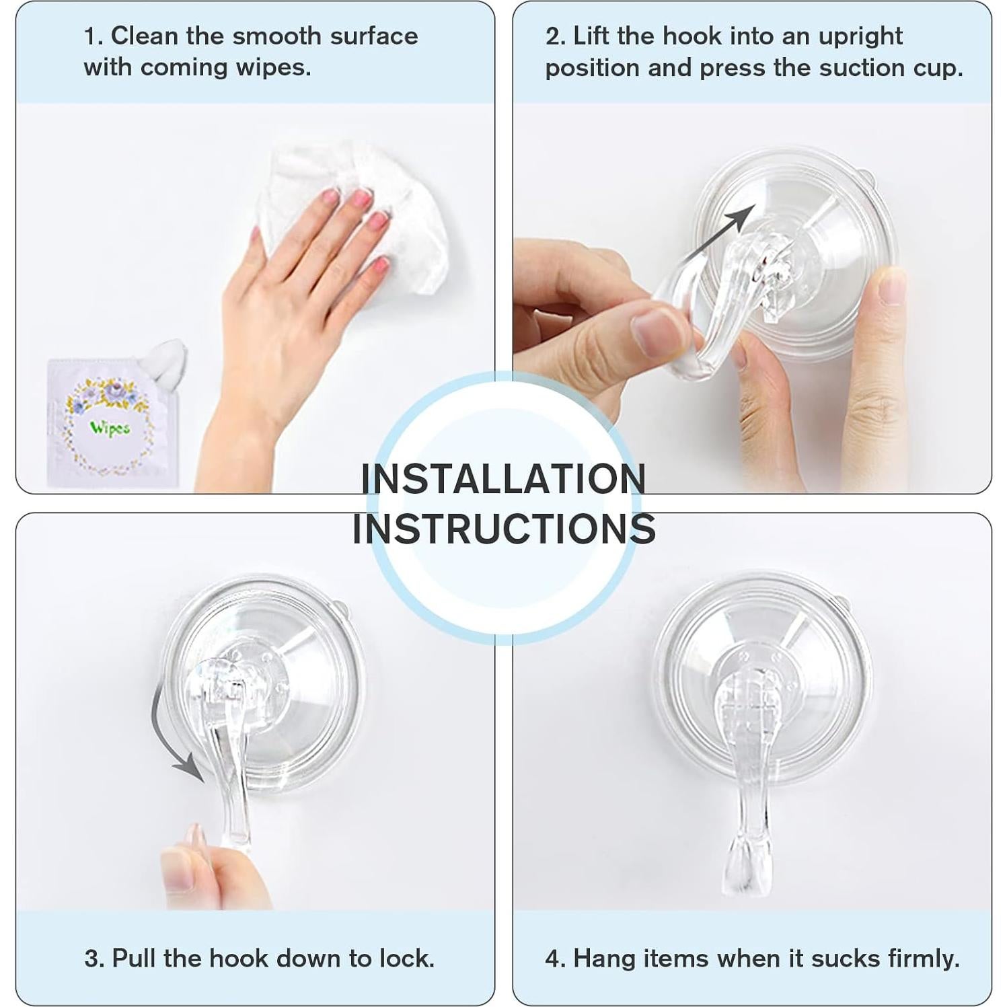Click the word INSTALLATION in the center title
pos(503,479)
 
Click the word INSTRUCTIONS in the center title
pos(504,529)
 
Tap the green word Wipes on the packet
pos(110,428)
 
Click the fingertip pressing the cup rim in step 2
pos(891,286)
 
